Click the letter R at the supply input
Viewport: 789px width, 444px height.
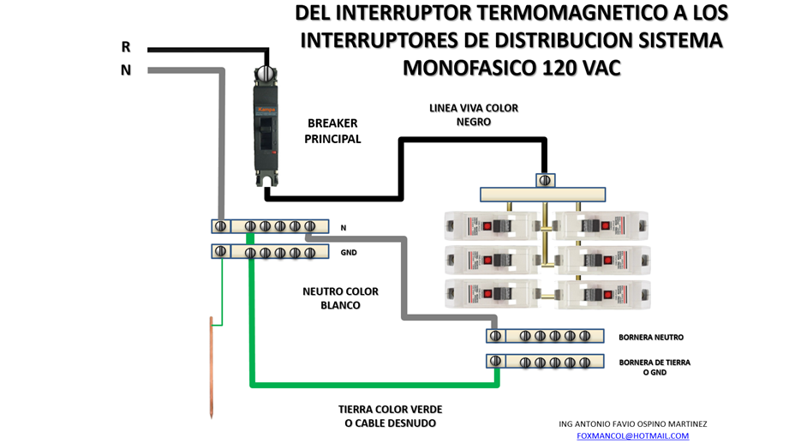126,47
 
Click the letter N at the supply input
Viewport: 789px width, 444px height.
126,70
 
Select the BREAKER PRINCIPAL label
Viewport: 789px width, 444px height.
332,131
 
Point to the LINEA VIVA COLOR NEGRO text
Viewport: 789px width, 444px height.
474,115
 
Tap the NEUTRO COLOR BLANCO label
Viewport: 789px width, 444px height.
340,298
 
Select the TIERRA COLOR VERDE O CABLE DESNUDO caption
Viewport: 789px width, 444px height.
390,417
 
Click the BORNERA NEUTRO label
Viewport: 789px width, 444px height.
651,337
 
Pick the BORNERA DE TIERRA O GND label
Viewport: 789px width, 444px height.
655,367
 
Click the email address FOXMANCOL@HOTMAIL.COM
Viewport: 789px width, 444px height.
632,435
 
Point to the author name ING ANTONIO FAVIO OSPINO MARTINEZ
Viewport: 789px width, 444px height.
632,423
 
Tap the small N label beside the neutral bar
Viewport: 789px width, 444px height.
344,228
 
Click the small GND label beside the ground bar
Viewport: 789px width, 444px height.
349,253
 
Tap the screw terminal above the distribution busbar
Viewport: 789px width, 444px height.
545,180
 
